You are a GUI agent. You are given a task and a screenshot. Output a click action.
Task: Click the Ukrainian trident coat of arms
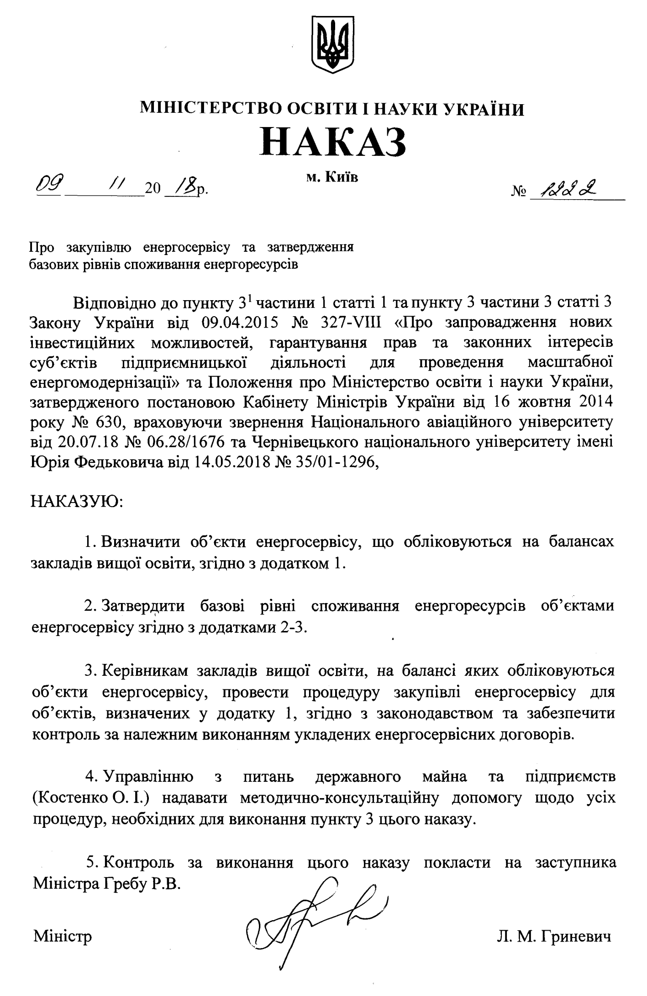tap(332, 44)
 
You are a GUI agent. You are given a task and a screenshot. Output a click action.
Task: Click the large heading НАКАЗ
tap(333, 141)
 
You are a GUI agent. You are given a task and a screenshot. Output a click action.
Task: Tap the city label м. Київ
tap(332, 177)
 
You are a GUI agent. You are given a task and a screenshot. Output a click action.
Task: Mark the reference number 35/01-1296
tap(334, 463)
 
